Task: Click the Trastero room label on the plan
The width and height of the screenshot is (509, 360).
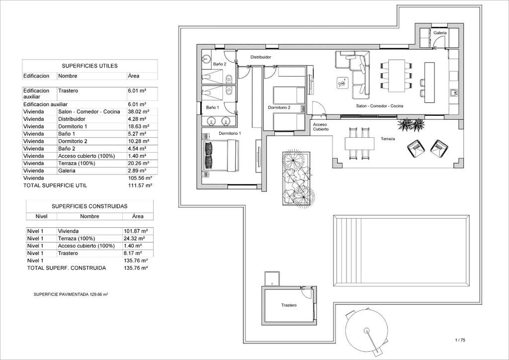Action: (x=289, y=305)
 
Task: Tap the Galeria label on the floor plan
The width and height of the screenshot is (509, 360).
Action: (x=440, y=33)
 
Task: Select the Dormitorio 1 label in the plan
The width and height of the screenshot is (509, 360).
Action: (x=230, y=133)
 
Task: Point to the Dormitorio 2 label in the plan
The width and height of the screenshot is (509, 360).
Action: (x=279, y=107)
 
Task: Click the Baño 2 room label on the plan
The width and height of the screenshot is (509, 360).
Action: (x=220, y=64)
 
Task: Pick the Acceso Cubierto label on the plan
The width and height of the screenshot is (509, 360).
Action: (x=321, y=127)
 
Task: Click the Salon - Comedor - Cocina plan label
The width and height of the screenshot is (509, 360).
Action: (x=379, y=106)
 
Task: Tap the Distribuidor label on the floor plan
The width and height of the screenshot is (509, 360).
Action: (x=260, y=57)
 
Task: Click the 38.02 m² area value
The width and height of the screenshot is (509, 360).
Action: (x=139, y=112)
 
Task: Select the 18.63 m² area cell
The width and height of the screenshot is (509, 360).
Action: (x=139, y=126)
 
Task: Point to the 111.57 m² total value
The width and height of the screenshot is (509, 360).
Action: (x=140, y=185)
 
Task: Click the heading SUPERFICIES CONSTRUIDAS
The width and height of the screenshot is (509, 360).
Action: (x=89, y=206)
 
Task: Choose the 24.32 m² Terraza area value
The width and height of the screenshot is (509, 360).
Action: (x=136, y=238)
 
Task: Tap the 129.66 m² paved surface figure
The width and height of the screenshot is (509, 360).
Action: (x=99, y=294)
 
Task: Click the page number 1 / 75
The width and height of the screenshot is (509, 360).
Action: (x=460, y=340)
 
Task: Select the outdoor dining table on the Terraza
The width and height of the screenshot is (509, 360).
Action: (x=359, y=143)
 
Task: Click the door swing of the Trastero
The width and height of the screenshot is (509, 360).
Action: (x=306, y=293)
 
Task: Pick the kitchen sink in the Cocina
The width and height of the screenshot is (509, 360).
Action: (x=454, y=93)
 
